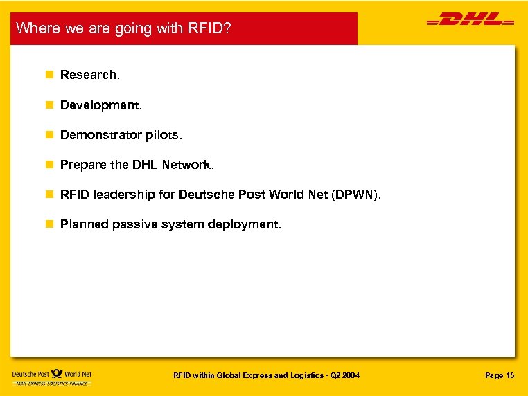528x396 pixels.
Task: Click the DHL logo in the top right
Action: pos(470,21)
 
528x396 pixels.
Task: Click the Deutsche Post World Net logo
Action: pos(52,378)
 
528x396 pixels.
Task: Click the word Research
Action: pos(89,75)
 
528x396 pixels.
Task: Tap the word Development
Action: pos(100,105)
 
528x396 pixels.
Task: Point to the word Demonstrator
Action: pos(101,135)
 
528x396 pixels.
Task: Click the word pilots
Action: pos(164,135)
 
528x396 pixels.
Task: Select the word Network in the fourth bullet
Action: pos(188,165)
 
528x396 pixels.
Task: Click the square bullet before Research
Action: pos(49,75)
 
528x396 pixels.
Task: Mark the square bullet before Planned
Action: pos(49,224)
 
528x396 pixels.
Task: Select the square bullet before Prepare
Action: pos(49,165)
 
